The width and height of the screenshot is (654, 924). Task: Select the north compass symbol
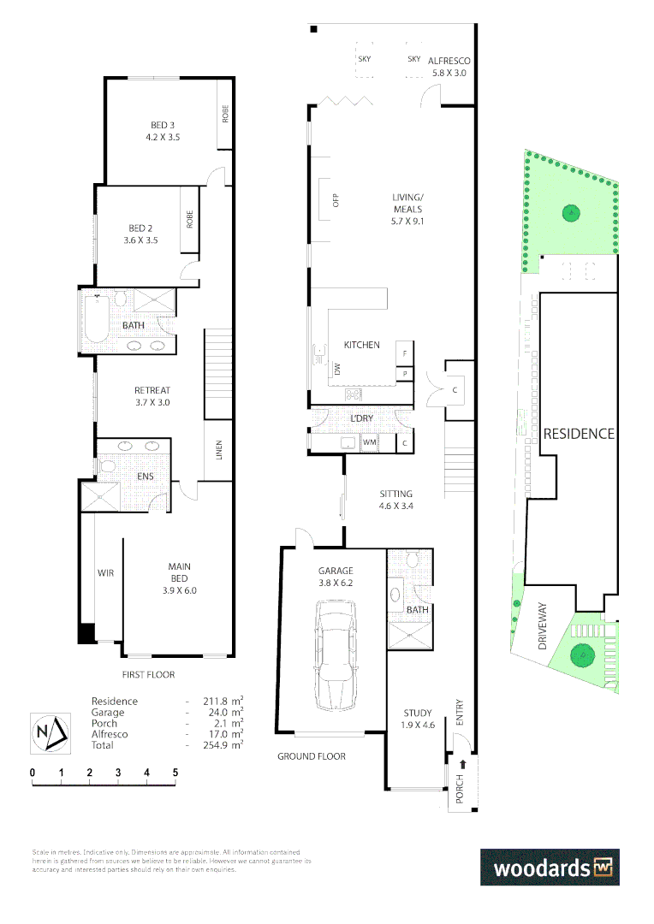coord(48,732)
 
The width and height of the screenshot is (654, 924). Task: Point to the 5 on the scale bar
coord(175,773)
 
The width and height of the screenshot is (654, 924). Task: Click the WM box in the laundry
coord(370,442)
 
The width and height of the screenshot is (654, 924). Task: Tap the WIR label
coord(105,572)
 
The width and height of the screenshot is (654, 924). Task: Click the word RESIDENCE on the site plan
coord(579,434)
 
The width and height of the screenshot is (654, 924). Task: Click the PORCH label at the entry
coord(460,790)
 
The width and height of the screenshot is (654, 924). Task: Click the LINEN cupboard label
coord(218,450)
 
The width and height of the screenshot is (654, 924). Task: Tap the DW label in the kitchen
coord(337,370)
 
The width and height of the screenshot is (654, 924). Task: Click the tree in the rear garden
coord(568,213)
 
